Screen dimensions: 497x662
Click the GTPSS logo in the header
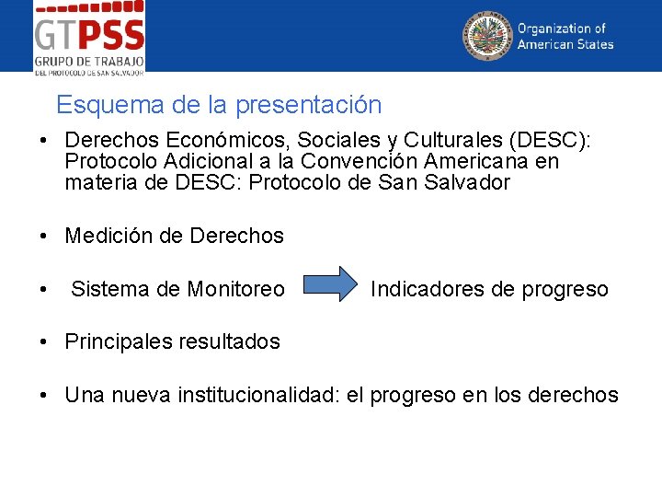[89, 37]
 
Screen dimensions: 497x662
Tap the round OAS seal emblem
[486, 36]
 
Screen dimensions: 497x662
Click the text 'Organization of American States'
[565, 37]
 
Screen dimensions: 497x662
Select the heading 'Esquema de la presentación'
[219, 105]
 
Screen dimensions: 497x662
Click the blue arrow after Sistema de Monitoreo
[332, 286]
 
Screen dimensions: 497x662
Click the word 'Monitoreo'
[236, 289]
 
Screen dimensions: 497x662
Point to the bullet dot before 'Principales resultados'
[43, 342]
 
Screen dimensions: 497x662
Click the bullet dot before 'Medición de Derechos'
[43, 237]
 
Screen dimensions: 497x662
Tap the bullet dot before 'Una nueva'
[43, 396]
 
